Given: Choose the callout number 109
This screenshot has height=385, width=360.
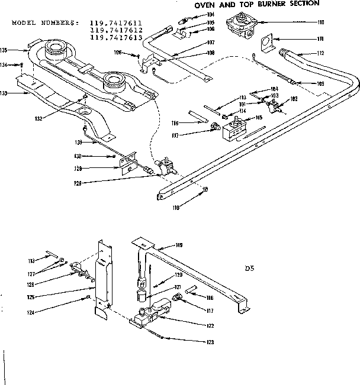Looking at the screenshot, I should pyautogui.click(x=320, y=84).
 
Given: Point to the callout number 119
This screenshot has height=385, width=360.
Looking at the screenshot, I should pyautogui.click(x=179, y=245).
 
